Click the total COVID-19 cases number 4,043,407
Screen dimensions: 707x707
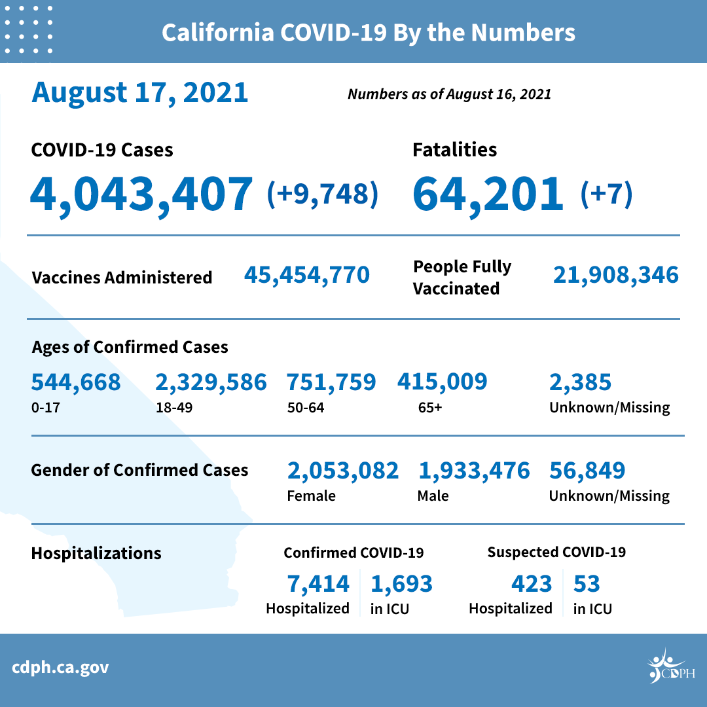click(x=141, y=194)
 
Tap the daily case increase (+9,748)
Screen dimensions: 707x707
click(x=323, y=194)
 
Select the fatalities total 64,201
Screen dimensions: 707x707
click(x=488, y=194)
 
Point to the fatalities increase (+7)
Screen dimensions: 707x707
click(x=606, y=194)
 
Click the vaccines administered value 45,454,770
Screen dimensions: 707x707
click(x=307, y=275)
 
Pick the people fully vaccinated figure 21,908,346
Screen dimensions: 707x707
click(x=615, y=275)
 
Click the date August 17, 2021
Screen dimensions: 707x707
click(x=140, y=92)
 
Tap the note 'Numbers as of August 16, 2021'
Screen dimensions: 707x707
click(x=449, y=94)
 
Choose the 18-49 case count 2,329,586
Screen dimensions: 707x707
click(x=211, y=382)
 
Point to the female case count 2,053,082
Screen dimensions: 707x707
click(x=342, y=470)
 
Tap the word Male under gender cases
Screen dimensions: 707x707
click(x=433, y=496)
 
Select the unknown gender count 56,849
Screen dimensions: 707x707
click(x=587, y=470)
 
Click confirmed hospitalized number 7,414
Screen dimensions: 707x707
click(x=318, y=583)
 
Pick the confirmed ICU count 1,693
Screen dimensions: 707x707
click(x=401, y=583)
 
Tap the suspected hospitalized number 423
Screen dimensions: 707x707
click(x=531, y=583)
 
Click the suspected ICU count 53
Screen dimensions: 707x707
click(x=587, y=583)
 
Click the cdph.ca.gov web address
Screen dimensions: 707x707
click(x=60, y=668)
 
